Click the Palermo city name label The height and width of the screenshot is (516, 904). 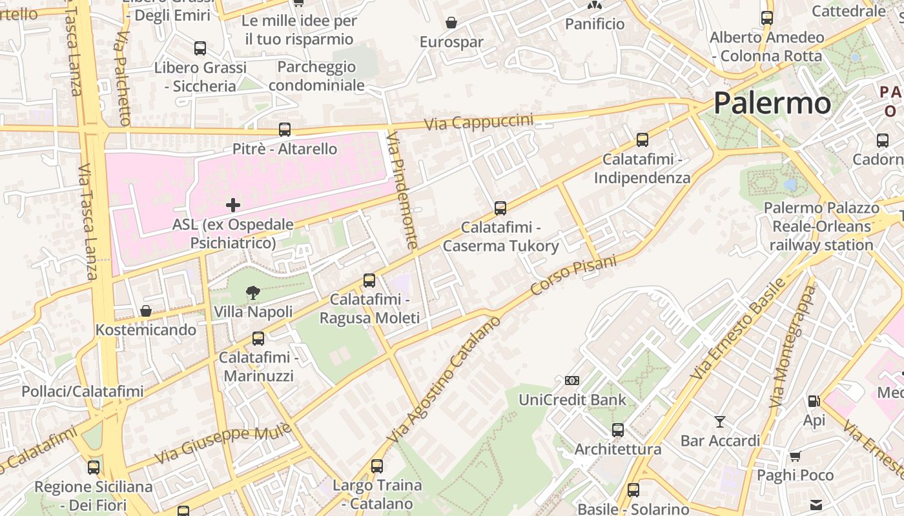coord(772,103)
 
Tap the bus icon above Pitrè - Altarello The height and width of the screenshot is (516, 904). coord(285,130)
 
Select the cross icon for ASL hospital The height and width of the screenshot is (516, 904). coord(233,206)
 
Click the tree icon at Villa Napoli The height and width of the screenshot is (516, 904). coord(253,293)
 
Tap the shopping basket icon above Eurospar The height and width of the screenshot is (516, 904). coord(451,23)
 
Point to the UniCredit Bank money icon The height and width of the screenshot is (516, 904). coord(572,381)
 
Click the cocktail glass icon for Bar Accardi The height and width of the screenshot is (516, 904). coord(720,422)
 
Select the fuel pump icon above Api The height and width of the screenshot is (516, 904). coord(814,401)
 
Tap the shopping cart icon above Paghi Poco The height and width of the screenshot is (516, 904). coord(796,456)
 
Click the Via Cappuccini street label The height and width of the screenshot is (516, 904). coord(478,121)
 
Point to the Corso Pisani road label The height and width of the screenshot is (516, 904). coord(573,276)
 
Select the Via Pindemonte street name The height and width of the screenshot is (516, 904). coord(402,190)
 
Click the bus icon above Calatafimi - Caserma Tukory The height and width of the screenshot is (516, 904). coord(500,208)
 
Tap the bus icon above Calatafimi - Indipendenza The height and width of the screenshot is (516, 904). coord(642,140)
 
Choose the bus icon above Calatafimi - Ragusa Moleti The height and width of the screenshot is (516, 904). coord(369,281)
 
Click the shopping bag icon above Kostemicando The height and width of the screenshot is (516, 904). coord(146,311)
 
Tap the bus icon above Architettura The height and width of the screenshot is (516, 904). coord(618,430)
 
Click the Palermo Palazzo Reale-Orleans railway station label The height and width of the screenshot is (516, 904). coord(821,226)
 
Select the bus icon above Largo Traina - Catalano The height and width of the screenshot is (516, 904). coord(377,466)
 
